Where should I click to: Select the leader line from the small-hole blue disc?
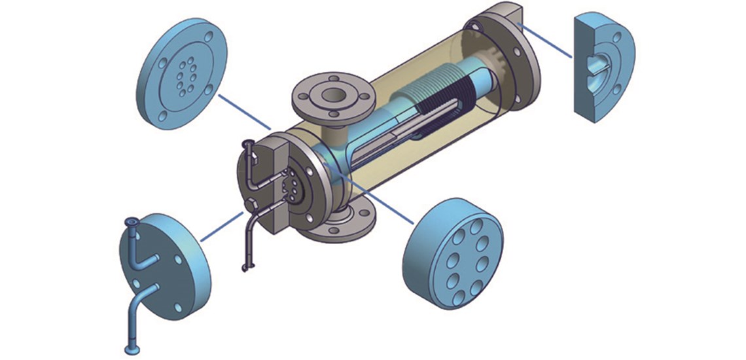coord(245,111)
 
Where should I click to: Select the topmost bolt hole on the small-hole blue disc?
coord(208,37)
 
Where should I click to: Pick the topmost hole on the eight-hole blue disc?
coord(467,226)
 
